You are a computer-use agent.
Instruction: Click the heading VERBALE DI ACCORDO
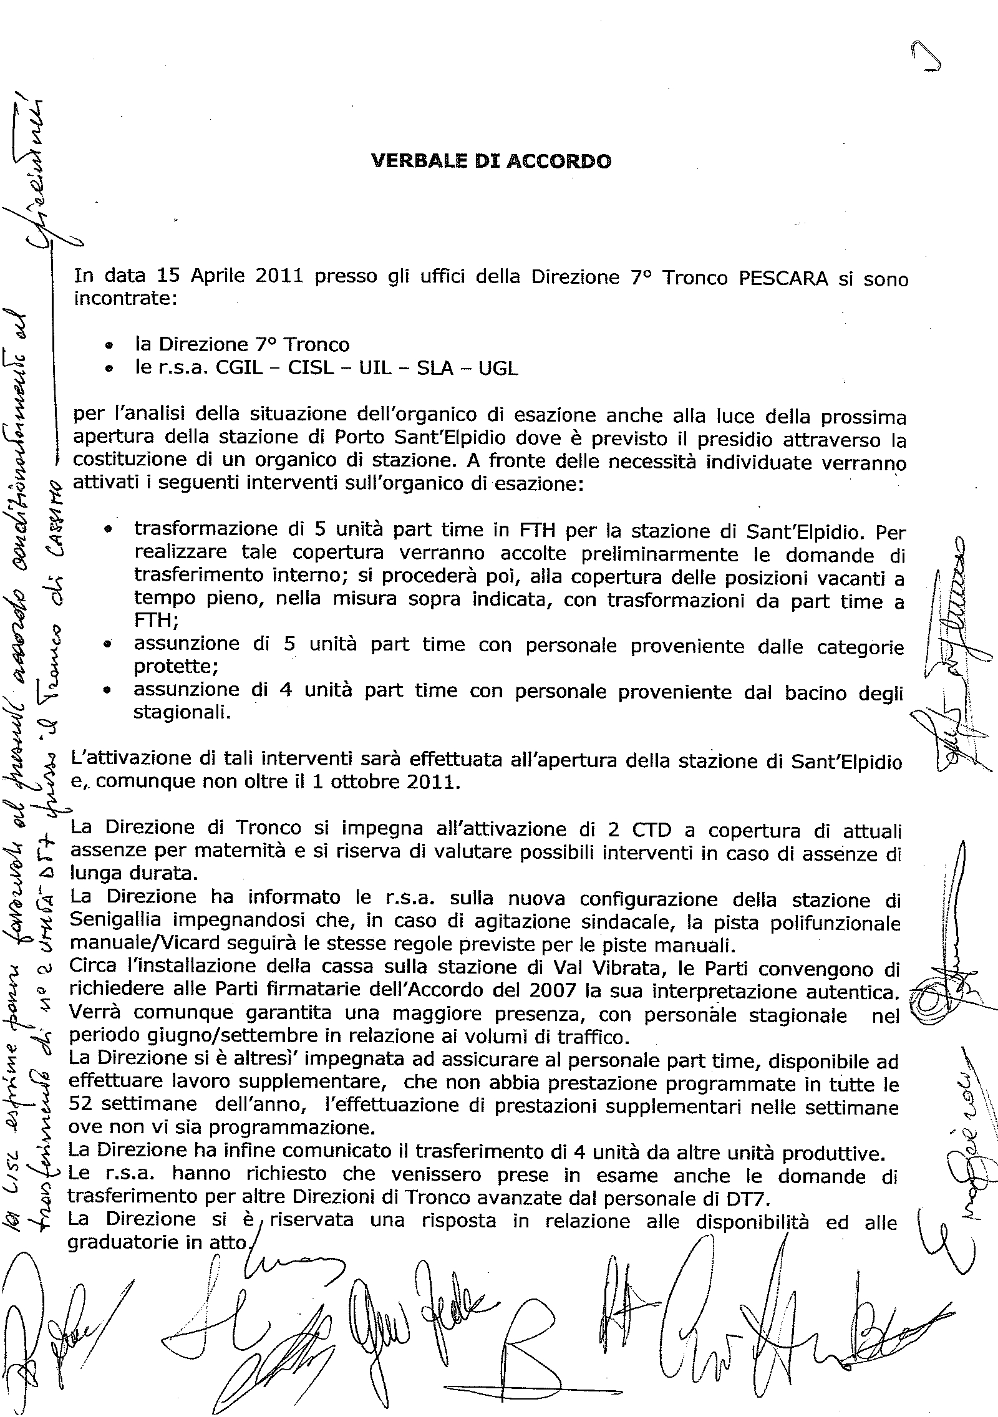coord(491,162)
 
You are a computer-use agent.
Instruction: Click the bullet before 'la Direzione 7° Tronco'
coord(109,345)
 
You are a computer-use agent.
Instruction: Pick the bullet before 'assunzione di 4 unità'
coord(109,690)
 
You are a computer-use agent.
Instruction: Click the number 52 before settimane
coord(80,1105)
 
